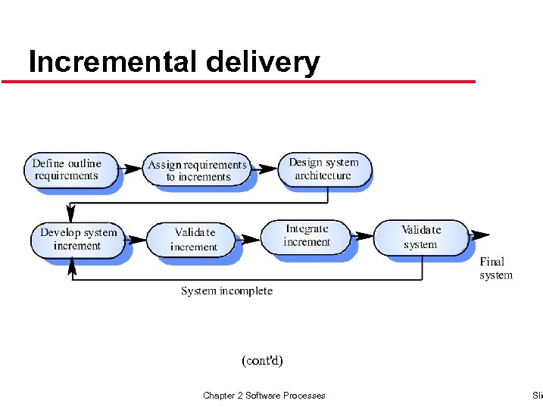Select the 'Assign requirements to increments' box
198,170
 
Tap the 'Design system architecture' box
323,169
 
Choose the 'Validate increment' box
194,239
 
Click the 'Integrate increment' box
307,235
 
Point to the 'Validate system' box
421,236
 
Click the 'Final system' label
495,269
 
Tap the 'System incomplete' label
226,290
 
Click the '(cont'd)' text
262,361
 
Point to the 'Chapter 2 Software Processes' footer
264,396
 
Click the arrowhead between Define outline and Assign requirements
135,167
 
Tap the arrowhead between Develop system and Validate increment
137,240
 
